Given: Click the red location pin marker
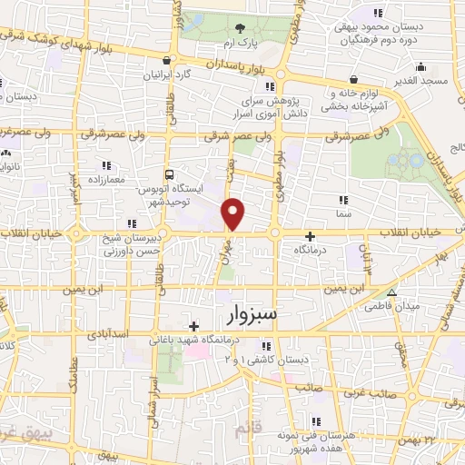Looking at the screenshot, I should pos(233,213).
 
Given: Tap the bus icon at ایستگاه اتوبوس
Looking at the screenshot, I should pos(169,173).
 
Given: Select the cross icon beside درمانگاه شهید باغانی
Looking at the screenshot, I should pos(193,325).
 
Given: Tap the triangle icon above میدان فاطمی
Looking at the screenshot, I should pos(391,292).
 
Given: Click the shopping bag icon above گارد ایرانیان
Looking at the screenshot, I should pos(166,61).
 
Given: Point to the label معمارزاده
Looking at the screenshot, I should pos(107,180).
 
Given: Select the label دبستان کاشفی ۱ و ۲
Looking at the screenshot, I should pos(264,361).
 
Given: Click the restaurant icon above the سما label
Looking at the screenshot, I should pos(342,199).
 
